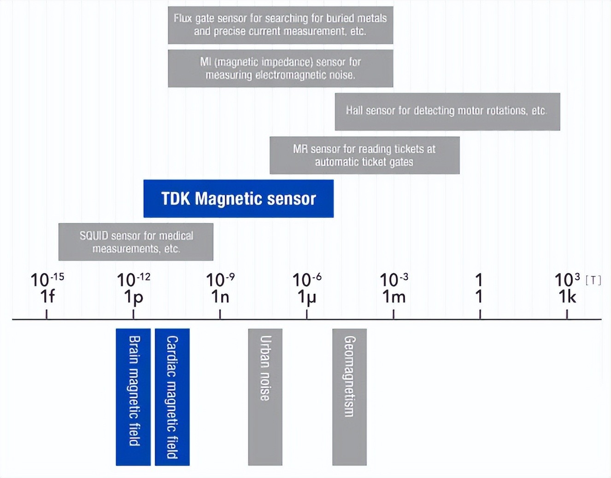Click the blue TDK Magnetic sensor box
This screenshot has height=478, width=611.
click(238, 198)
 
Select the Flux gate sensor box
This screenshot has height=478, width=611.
click(280, 25)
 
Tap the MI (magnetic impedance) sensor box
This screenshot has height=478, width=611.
click(280, 68)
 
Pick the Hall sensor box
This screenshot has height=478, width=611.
click(447, 111)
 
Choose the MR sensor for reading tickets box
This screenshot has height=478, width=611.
click(364, 155)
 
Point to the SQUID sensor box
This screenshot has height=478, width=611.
click(135, 242)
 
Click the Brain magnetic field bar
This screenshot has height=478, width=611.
click(133, 396)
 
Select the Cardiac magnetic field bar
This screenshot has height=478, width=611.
click(172, 396)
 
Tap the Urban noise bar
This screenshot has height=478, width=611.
click(265, 396)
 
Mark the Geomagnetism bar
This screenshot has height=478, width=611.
click(349, 396)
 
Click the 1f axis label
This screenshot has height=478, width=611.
click(47, 297)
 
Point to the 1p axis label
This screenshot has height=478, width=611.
click(133, 297)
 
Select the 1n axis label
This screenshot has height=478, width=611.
click(220, 297)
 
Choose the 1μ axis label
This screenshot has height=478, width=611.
click(306, 297)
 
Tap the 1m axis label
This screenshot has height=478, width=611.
click(394, 297)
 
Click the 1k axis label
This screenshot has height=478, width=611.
click(567, 297)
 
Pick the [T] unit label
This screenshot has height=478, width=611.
click(593, 280)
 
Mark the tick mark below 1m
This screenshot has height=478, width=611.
click(394, 314)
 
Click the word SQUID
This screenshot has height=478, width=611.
click(94, 236)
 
